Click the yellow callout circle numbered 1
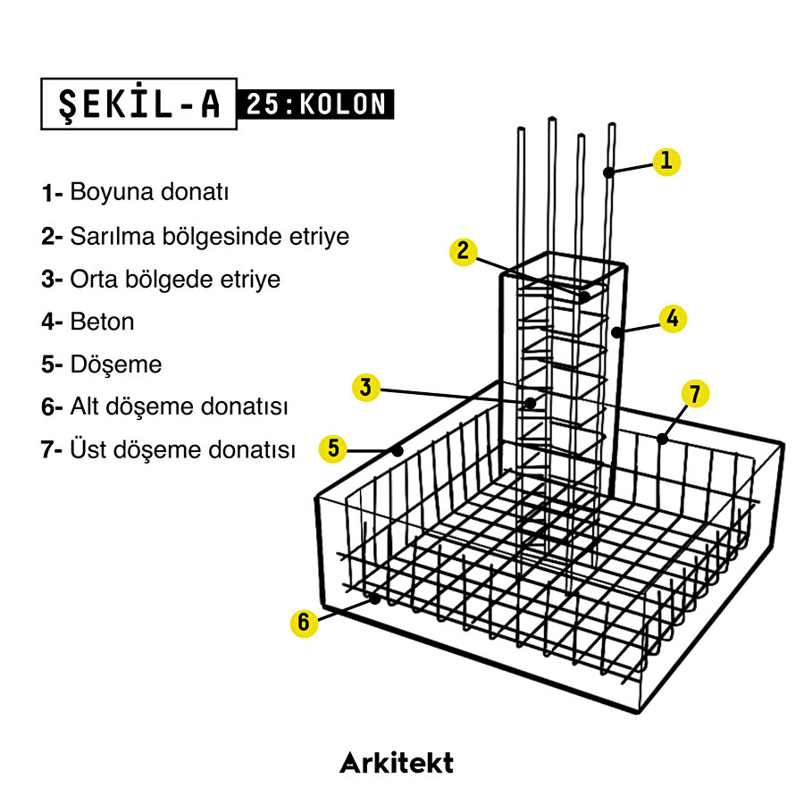click(666, 162)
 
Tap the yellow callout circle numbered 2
click(463, 252)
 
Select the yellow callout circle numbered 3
click(366, 388)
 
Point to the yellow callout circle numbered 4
click(673, 318)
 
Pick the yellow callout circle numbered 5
click(333, 448)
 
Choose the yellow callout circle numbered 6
click(304, 623)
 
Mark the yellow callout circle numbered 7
click(696, 394)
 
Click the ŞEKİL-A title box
click(138, 104)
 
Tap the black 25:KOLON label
click(315, 105)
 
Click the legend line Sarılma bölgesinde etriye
click(209, 237)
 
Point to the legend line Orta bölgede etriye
click(175, 279)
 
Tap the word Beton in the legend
click(102, 322)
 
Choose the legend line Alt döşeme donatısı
click(179, 407)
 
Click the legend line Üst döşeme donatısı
click(182, 450)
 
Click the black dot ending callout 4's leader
click(616, 332)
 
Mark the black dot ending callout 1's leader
click(607, 172)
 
